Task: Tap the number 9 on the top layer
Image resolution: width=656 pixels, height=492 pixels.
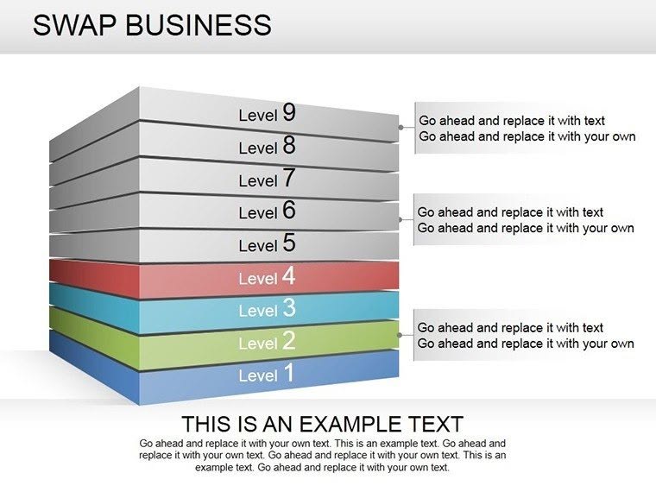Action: pyautogui.click(x=289, y=112)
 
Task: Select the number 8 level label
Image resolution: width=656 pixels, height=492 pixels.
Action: pyautogui.click(x=289, y=145)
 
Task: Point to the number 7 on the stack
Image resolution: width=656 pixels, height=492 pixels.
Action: pyautogui.click(x=289, y=179)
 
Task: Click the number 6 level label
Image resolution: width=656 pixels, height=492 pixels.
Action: pyautogui.click(x=289, y=211)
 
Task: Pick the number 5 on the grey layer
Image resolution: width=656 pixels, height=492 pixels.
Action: pyautogui.click(x=289, y=243)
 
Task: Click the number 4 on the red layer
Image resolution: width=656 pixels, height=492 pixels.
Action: pyautogui.click(x=289, y=276)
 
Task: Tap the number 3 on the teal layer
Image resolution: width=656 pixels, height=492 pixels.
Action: pyautogui.click(x=289, y=308)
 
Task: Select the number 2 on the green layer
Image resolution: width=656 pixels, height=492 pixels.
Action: pyautogui.click(x=289, y=341)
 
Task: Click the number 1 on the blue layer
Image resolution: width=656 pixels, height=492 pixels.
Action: pyautogui.click(x=289, y=374)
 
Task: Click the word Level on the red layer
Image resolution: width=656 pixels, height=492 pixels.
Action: pyautogui.click(x=257, y=279)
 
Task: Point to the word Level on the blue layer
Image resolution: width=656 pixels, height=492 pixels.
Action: pyautogui.click(x=257, y=376)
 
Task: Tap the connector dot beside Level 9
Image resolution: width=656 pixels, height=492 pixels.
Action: pyautogui.click(x=401, y=127)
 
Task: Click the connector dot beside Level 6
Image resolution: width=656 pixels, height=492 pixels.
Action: pyautogui.click(x=401, y=219)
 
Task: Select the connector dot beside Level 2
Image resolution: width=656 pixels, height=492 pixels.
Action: pyautogui.click(x=401, y=334)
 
